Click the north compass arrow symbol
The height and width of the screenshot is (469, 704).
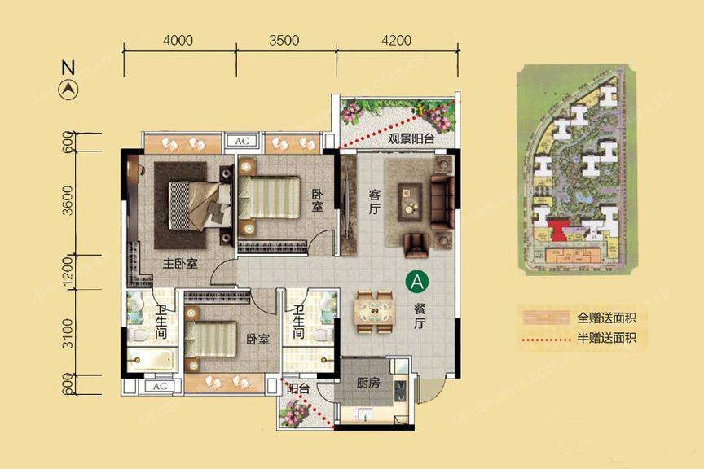68,90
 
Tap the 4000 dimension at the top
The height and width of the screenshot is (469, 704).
178,41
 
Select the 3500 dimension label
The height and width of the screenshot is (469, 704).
284,41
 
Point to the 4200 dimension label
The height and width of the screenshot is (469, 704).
397,41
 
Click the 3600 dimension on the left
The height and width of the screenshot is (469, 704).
67,200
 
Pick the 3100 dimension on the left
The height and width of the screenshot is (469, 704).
67,333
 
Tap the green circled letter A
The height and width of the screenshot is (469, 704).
417,283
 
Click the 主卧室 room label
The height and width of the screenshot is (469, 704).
180,264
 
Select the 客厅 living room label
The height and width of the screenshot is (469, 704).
375,201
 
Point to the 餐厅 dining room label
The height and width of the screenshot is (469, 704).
420,316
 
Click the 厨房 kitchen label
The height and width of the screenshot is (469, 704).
368,383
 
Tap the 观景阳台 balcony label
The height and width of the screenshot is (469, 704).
411,138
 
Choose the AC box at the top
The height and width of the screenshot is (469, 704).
242,141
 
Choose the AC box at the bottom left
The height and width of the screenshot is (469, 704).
160,387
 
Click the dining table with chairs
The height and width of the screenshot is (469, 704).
376,312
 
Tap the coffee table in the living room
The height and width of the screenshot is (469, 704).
410,202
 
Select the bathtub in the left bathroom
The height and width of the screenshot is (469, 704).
151,360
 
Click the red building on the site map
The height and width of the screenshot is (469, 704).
558,230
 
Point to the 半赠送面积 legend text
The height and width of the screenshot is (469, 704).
606,337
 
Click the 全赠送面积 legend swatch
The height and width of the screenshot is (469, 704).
546,318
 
